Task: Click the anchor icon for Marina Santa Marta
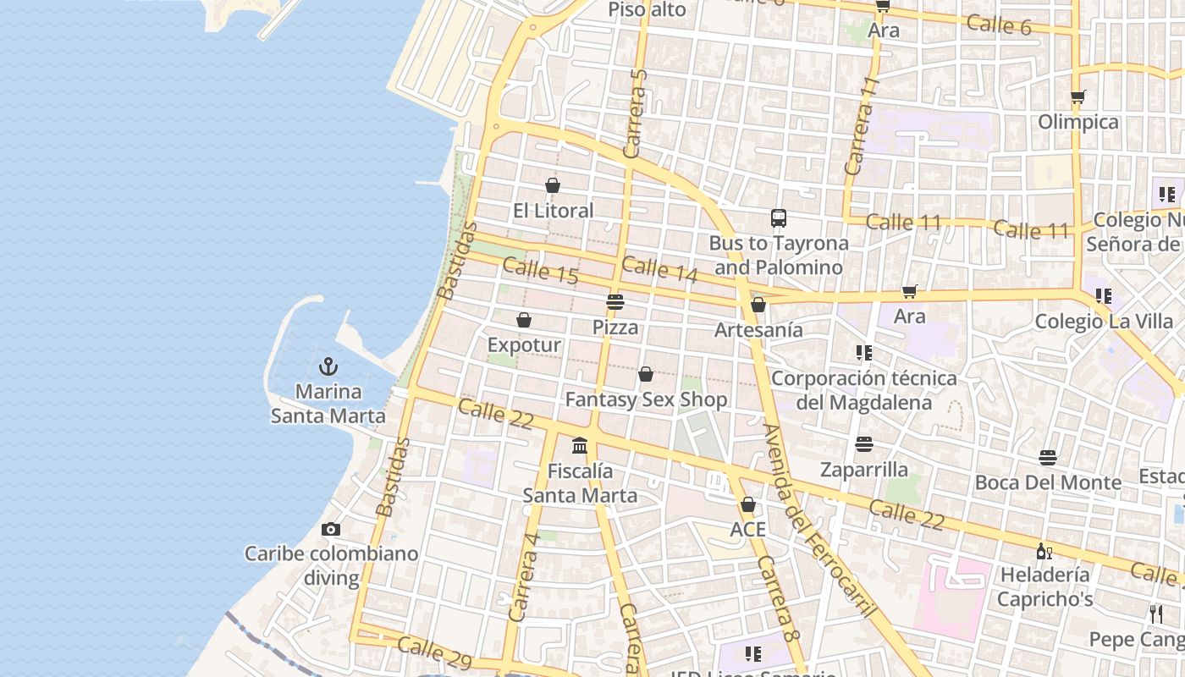coord(328,366)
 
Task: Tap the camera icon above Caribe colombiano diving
coord(331,530)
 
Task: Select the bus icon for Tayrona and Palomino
coord(779,218)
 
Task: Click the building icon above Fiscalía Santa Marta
coord(580,445)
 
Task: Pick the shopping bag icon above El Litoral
coord(553,185)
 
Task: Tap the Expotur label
coord(524,345)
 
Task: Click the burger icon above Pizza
coord(615,302)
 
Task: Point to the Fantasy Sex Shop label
coord(646,399)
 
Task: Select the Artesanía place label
coord(758,330)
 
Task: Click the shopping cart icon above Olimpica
coord(1078,96)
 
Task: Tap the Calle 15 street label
coord(540,272)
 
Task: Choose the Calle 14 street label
coord(659,269)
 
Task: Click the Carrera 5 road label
coord(635,113)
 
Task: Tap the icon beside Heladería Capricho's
coord(1044,552)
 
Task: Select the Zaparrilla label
coord(863,470)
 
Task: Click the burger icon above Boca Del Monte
coord(1048,458)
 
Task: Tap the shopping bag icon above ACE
coord(747,505)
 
